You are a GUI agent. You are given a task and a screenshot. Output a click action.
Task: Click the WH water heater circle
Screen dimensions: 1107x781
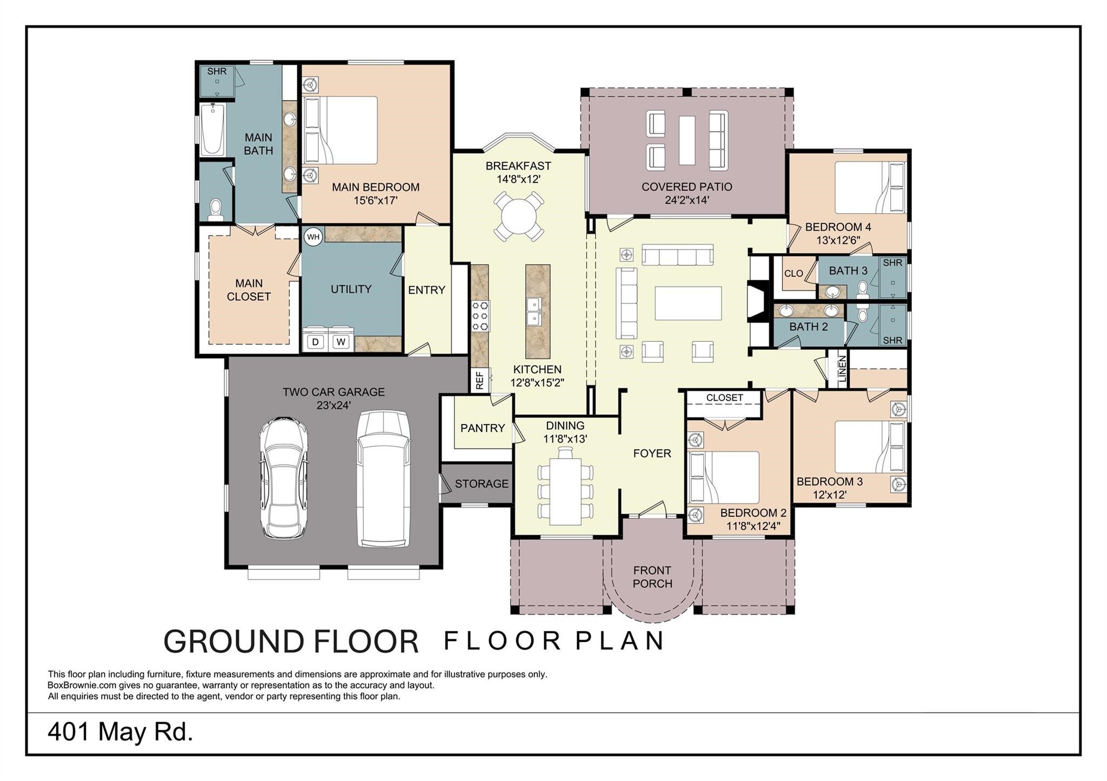click(313, 237)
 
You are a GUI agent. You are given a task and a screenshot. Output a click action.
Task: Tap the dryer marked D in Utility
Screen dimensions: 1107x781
click(316, 341)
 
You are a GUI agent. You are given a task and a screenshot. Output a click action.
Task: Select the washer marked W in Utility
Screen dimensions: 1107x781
click(341, 341)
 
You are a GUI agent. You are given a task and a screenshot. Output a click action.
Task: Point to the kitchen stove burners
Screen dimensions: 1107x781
click(480, 316)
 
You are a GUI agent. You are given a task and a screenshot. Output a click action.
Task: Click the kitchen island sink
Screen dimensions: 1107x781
click(535, 312)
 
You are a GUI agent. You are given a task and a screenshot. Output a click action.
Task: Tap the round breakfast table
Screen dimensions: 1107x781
click(518, 217)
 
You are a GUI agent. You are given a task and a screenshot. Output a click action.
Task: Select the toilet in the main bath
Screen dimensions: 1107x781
click(216, 210)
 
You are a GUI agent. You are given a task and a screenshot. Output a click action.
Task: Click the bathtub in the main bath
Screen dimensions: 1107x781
click(212, 129)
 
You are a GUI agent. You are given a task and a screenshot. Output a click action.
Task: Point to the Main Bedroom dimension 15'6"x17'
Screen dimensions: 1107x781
click(376, 200)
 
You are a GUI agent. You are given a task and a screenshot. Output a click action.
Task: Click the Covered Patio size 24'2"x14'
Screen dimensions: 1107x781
click(687, 200)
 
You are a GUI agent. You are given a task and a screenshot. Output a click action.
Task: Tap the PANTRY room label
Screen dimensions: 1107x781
click(483, 428)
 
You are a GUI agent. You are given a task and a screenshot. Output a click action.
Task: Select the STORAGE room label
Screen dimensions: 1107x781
click(482, 483)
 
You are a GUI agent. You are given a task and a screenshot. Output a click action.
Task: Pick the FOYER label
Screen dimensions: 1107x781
click(652, 453)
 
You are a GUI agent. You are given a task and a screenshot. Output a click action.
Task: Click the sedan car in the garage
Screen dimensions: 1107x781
click(283, 477)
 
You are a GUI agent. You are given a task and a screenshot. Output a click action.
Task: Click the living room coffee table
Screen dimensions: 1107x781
click(688, 303)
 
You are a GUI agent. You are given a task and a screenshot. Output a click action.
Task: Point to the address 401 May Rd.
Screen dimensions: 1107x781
click(121, 732)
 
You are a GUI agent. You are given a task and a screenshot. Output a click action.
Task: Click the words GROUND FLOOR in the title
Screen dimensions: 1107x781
click(291, 641)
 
